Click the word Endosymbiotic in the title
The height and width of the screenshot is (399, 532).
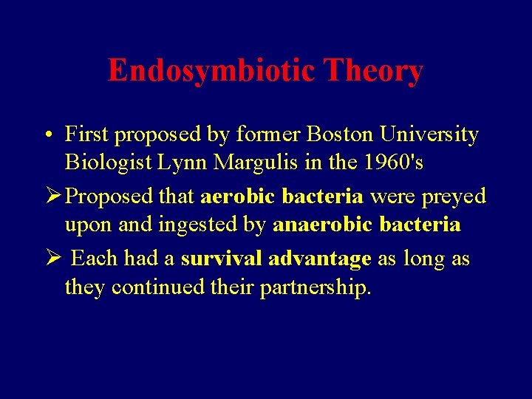pyautogui.click(x=211, y=71)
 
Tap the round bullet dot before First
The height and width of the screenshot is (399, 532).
pyautogui.click(x=47, y=136)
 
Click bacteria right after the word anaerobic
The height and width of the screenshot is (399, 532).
pyautogui.click(x=421, y=225)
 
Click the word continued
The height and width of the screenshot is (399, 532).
pyautogui.click(x=157, y=287)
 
